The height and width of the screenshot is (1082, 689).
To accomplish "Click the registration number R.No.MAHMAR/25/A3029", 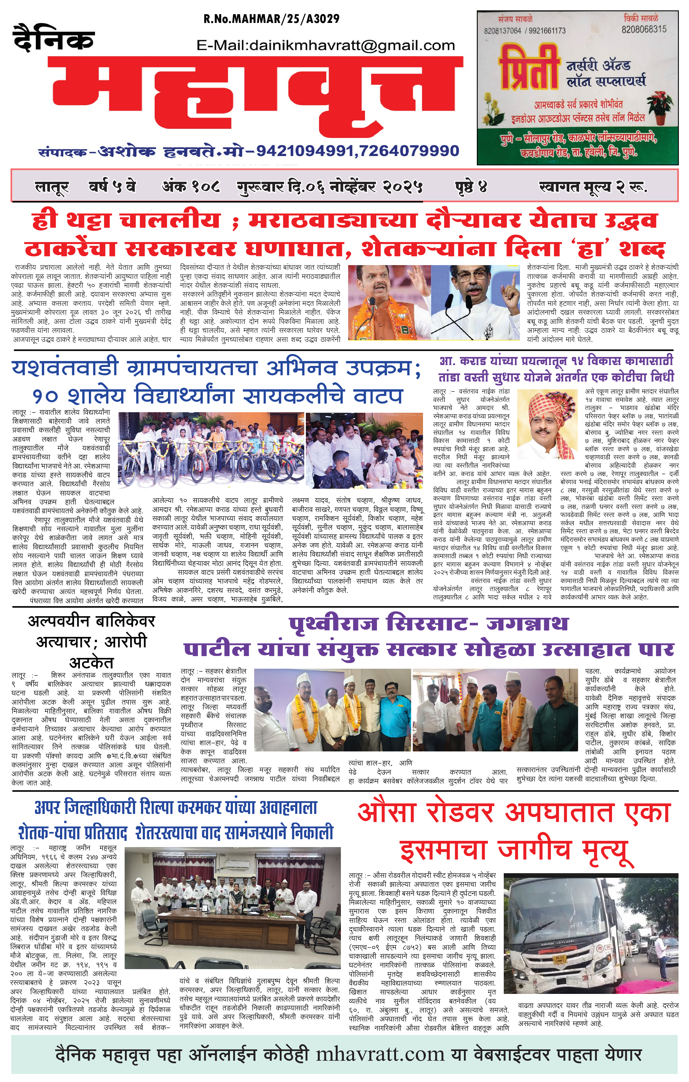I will (271, 19).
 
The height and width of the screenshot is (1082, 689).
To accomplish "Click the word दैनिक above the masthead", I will (54, 37).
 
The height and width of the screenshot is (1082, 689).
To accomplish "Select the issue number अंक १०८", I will (191, 186).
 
